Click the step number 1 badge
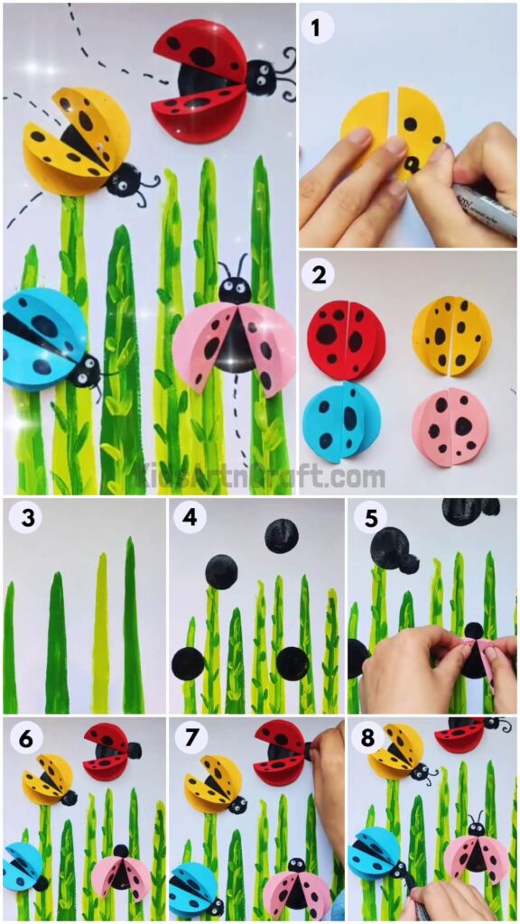316,28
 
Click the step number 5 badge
368,519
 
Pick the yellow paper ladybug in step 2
451,335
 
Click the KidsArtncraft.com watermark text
260,476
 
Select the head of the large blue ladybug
88,369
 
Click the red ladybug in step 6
108,750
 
